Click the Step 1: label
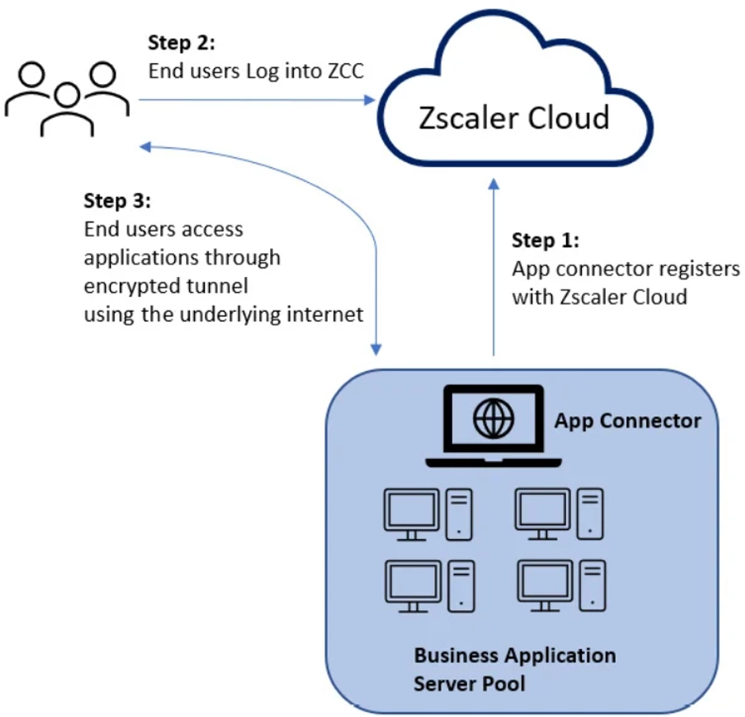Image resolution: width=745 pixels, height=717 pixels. [x=545, y=241]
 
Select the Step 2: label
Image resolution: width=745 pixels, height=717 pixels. [x=181, y=43]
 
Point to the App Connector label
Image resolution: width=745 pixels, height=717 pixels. [x=627, y=420]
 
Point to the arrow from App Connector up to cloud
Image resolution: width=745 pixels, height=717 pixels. [x=494, y=269]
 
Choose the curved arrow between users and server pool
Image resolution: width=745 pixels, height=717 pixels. [x=348, y=206]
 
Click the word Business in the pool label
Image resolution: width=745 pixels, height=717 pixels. [x=458, y=655]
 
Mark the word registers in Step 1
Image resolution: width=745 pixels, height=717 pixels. [x=697, y=269]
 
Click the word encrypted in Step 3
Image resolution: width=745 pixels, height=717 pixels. [x=122, y=286]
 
